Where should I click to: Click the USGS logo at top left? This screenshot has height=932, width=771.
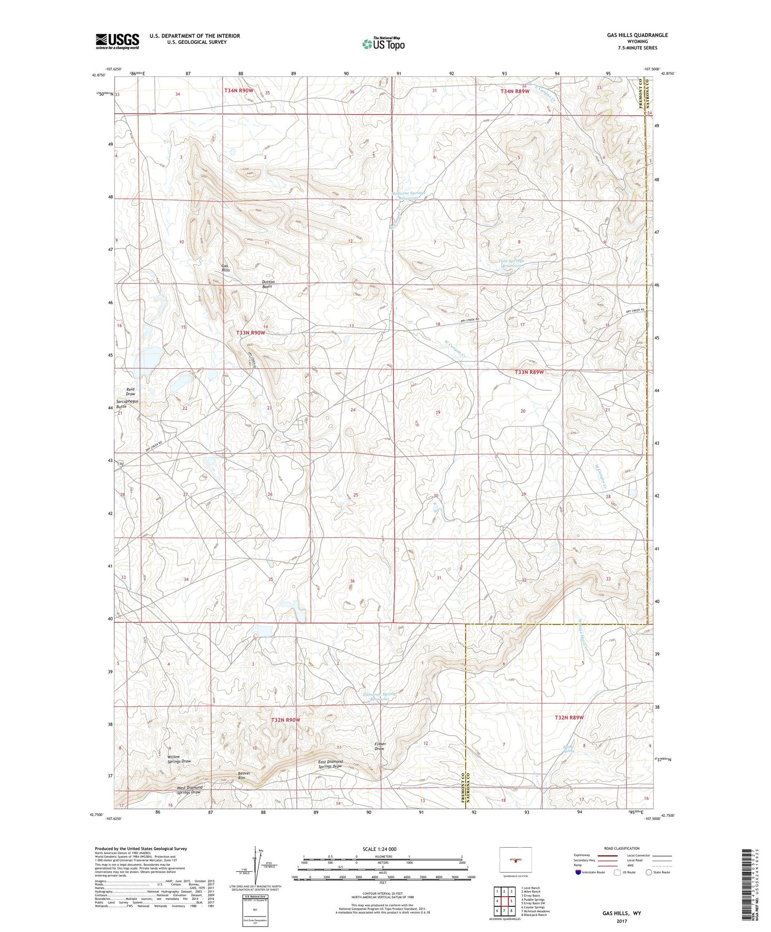(x=117, y=41)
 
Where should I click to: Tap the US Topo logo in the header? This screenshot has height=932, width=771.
(x=383, y=44)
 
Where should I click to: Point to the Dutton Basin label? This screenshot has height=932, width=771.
(x=267, y=284)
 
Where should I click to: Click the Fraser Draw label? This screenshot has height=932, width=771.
(x=379, y=746)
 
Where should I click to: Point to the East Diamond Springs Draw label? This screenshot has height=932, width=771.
(x=330, y=764)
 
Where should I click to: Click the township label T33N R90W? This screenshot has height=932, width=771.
(x=250, y=333)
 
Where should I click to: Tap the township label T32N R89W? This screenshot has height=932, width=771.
(x=569, y=717)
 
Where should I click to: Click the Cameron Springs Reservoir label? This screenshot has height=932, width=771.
(x=380, y=697)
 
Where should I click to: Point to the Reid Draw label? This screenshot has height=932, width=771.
(x=131, y=391)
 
